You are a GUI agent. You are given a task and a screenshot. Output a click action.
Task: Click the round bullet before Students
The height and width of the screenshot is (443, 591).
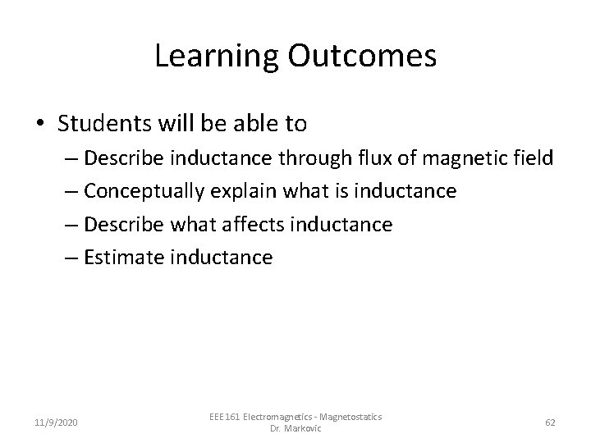click(x=40, y=125)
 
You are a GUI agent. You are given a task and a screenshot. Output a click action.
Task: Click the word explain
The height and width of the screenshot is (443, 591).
click(x=246, y=191)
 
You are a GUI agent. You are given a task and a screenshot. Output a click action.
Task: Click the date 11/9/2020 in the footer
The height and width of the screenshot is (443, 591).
click(x=56, y=422)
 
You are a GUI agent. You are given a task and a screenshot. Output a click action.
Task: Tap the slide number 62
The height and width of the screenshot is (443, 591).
click(x=550, y=422)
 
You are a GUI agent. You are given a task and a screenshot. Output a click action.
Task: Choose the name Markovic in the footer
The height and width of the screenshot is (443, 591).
click(x=304, y=428)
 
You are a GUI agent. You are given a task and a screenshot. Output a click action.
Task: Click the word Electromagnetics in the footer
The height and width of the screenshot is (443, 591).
click(x=270, y=416)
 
